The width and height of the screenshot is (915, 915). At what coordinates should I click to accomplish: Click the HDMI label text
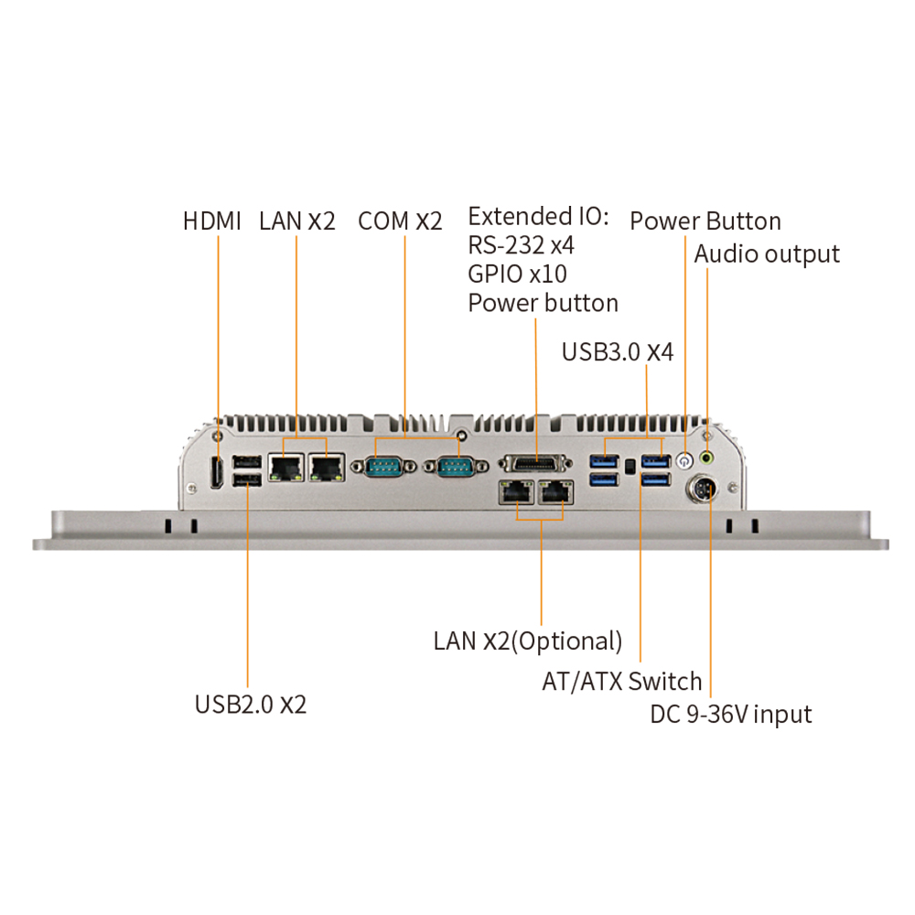pos(212,221)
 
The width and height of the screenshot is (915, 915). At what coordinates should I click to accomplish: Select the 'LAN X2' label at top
pos(296,221)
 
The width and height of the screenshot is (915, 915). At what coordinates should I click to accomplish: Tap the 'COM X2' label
pos(400,221)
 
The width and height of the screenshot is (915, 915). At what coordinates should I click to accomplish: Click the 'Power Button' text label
pos(705,221)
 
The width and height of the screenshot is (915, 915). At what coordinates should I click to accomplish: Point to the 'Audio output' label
pos(767,253)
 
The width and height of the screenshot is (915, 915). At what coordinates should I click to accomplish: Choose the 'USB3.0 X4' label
pos(618,352)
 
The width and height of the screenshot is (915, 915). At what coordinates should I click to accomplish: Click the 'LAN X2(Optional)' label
pos(528,641)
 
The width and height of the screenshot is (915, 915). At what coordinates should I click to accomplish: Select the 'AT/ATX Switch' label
pos(622,682)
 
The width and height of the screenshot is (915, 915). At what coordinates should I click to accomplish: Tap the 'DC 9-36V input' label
pos(731,714)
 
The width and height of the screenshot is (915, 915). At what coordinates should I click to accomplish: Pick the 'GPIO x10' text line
pos(517,274)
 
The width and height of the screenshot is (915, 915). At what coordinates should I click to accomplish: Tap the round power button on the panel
pos(684,458)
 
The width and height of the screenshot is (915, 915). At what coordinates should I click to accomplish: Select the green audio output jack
pos(706,457)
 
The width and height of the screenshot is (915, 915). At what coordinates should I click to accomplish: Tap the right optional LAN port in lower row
pos(556,492)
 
